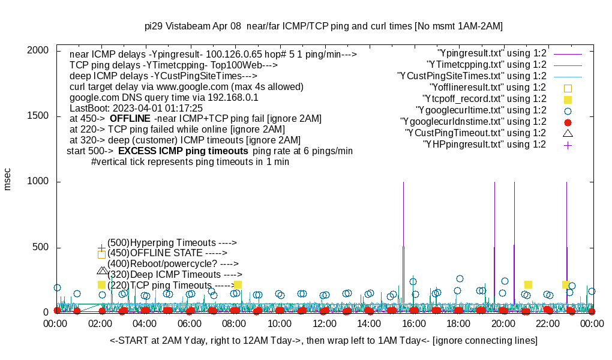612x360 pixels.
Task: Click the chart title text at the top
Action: point(323,26)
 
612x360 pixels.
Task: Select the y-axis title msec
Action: point(8,179)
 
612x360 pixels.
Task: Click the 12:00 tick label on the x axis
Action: point(325,323)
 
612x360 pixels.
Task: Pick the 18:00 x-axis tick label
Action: point(458,323)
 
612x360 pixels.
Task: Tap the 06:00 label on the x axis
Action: point(190,323)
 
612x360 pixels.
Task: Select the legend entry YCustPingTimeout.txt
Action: point(475,133)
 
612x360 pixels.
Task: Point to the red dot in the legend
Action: point(568,122)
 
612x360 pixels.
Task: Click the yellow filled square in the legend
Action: point(568,99)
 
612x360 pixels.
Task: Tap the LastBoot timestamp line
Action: point(136,108)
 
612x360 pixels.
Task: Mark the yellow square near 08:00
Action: point(238,284)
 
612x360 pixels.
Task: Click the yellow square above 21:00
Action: point(528,284)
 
